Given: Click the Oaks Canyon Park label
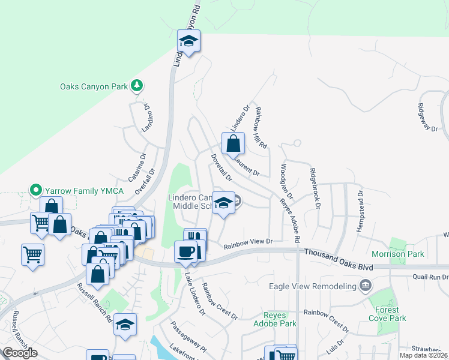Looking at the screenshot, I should point(94,86).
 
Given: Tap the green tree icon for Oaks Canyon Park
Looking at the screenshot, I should point(137,86).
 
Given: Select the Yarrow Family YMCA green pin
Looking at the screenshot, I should point(35,191).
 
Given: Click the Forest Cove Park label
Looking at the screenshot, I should point(388,314).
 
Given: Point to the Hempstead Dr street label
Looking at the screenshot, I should point(360,206).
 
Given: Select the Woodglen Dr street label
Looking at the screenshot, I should point(286,181).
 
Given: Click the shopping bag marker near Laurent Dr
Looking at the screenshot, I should point(234,144).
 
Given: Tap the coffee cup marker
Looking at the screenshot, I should point(185,251).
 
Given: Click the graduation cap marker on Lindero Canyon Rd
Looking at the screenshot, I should point(188,41).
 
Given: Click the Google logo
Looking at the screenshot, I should point(20,353).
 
